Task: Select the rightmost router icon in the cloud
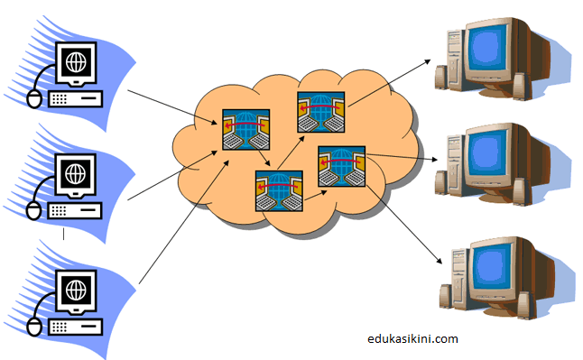tap(339, 168)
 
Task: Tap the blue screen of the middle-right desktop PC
tap(495, 152)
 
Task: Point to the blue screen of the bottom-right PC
tap(495, 265)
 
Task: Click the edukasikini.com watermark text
tap(413, 339)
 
